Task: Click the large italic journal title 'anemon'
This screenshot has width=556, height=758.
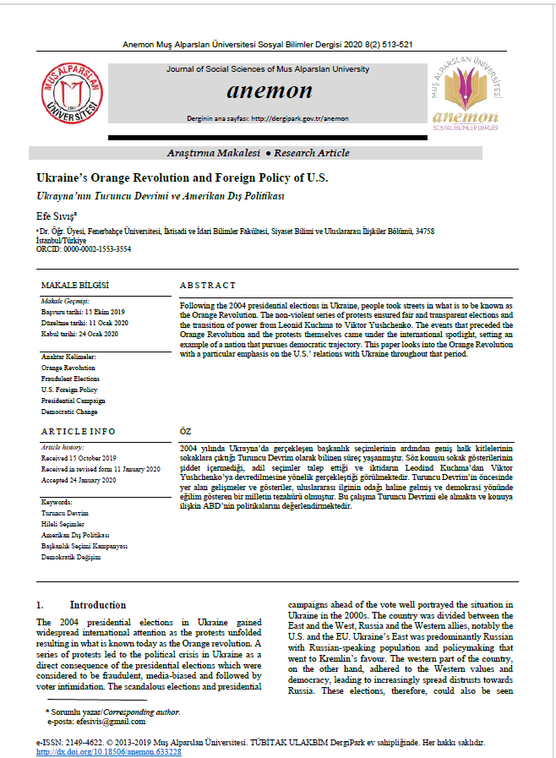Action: click(x=269, y=91)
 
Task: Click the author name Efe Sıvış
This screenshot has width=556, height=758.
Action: click(x=58, y=216)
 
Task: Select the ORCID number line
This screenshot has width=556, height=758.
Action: click(x=84, y=249)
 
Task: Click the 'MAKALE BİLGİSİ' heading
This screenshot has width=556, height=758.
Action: click(x=76, y=286)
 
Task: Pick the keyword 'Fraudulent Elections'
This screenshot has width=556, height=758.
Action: click(x=70, y=379)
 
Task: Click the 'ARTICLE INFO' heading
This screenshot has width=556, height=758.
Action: click(x=79, y=431)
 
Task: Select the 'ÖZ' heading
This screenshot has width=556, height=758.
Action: click(x=186, y=431)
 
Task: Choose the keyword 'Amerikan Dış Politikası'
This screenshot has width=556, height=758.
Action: click(x=76, y=535)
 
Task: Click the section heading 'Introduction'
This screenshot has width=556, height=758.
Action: click(x=97, y=605)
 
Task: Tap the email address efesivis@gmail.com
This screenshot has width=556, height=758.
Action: click(x=99, y=722)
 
